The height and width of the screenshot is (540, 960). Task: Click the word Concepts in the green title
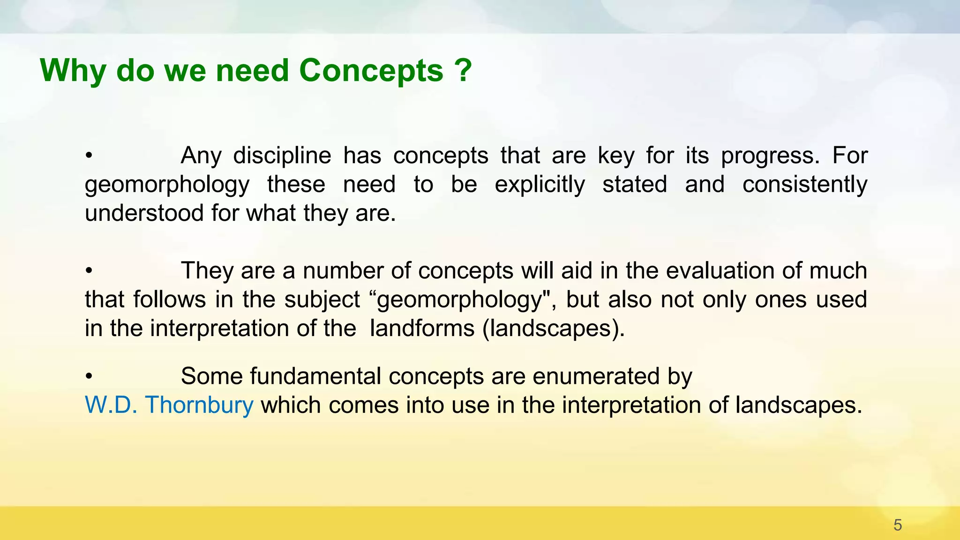pyautogui.click(x=371, y=71)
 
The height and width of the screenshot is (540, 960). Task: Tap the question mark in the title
pyautogui.click(x=463, y=71)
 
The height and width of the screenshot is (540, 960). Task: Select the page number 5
pyautogui.click(x=898, y=525)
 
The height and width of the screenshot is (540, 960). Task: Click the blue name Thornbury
pyautogui.click(x=199, y=405)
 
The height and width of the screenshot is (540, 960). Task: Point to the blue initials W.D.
pyautogui.click(x=111, y=405)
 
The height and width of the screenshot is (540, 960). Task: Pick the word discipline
pyautogui.click(x=282, y=156)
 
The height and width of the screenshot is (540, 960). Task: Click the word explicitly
pyautogui.click(x=540, y=184)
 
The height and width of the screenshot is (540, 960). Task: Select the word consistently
pyautogui.click(x=804, y=184)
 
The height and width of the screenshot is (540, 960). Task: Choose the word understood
pyautogui.click(x=144, y=213)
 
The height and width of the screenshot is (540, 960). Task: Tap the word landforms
pyautogui.click(x=422, y=328)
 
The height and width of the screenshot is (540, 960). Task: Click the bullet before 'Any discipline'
pyautogui.click(x=89, y=156)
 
